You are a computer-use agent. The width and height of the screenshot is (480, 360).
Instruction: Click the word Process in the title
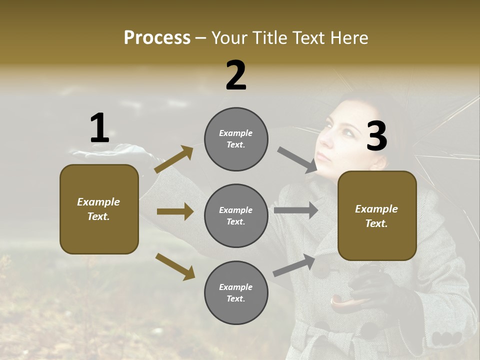[x=157, y=38]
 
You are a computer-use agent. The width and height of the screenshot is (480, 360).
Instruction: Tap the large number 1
[x=99, y=128]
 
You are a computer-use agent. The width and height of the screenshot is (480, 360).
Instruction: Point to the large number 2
[x=236, y=75]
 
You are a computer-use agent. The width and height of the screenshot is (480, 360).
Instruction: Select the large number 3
[x=376, y=136]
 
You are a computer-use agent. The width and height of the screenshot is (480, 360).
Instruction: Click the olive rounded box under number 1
[x=99, y=209]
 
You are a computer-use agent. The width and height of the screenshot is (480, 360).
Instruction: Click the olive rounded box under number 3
[x=377, y=215]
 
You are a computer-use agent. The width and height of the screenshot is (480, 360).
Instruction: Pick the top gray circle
[x=236, y=139]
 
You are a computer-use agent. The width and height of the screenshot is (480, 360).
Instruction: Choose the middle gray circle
[x=236, y=215]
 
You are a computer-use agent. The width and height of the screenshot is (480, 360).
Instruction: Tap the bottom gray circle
[x=236, y=292]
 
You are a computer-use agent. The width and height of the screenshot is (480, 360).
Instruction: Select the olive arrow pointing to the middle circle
[x=175, y=211]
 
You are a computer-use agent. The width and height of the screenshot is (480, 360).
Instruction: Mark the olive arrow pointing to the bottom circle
[x=175, y=266]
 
